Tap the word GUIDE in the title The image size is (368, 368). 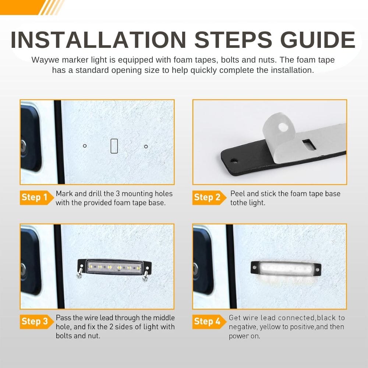[318, 39]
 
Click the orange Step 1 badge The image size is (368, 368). [36, 197]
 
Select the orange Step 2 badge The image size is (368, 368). [209, 197]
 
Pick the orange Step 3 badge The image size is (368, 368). [36, 322]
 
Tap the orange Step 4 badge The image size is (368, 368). [209, 322]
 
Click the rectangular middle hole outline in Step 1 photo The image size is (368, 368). [114, 146]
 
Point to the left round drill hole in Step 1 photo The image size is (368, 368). [85, 146]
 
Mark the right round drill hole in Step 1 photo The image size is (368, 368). [146, 146]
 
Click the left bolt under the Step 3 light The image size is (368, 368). [80, 272]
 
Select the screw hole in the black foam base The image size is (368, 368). [234, 161]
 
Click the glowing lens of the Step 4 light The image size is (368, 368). [286, 268]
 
